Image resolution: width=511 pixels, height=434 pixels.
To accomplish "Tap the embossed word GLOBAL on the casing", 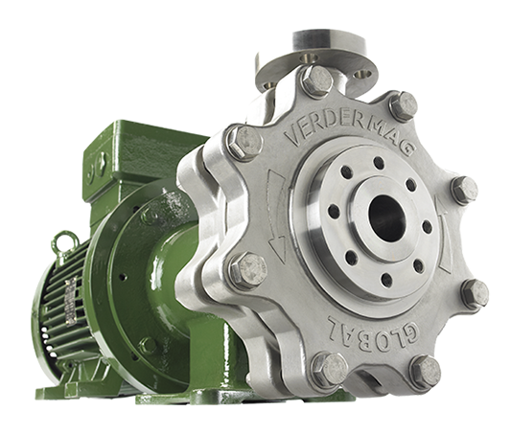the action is click(373, 331).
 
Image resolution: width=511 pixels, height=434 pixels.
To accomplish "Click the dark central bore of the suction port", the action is click(386, 218).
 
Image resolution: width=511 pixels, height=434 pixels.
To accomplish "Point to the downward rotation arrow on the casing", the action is click(274, 215).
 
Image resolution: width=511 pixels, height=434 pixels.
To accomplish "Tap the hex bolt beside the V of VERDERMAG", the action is click(245, 144).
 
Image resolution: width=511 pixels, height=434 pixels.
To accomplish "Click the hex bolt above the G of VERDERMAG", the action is click(404, 105).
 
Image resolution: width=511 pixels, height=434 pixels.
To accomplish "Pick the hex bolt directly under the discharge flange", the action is click(316, 81).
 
